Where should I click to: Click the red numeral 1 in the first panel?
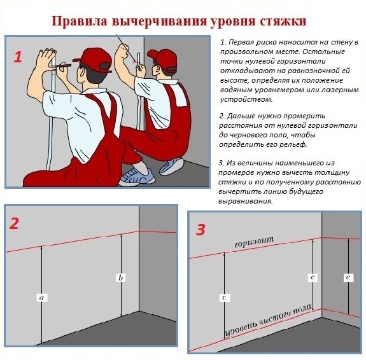[18, 57]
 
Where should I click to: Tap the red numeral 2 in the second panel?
[14, 223]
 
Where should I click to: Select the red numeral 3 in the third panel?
[201, 230]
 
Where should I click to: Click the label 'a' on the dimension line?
[42, 298]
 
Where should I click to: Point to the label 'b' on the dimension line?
[121, 278]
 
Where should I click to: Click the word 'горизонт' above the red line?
[254, 242]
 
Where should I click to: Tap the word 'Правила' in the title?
[80, 21]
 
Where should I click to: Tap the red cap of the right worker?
[163, 59]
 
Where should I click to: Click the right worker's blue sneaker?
[171, 166]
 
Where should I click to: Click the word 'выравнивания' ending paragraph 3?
[245, 202]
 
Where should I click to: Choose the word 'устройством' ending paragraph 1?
[246, 100]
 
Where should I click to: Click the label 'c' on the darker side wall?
[348, 278]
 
